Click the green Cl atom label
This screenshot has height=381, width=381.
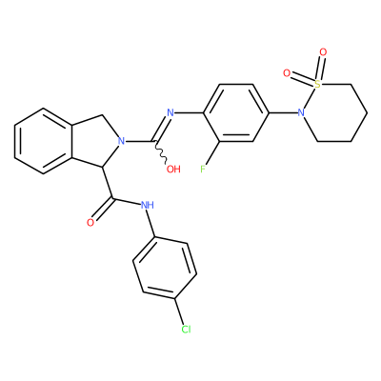[x=186, y=330]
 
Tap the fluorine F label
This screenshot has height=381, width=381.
[x=203, y=169]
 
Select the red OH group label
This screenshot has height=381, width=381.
[x=173, y=169]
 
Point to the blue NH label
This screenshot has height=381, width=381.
[x=148, y=205]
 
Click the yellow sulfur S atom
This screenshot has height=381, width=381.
[x=317, y=84]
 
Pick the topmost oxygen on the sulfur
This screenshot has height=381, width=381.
[x=323, y=51]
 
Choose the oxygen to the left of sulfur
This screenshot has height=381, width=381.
[x=287, y=73]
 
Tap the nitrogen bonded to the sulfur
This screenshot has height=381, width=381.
[x=301, y=112]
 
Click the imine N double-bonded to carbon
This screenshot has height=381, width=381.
[x=170, y=112]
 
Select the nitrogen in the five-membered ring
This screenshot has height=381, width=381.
[x=121, y=141]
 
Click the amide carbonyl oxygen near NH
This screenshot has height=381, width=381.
[x=90, y=223]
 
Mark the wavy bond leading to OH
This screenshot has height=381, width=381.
[x=162, y=151]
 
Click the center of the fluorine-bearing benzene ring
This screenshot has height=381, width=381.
[x=236, y=112]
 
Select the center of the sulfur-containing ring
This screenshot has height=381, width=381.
[x=334, y=112]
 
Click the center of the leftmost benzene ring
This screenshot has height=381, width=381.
[x=44, y=141]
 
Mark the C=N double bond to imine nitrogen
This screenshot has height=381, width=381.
[x=161, y=127]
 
